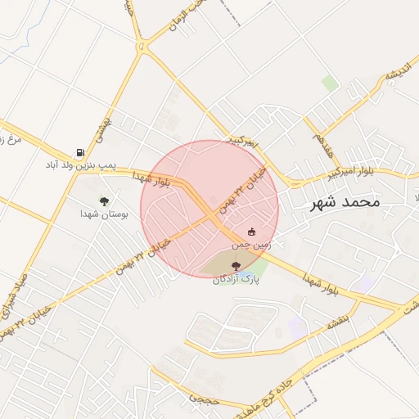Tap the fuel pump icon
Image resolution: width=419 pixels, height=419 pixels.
[x=79, y=152]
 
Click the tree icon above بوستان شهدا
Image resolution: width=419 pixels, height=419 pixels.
[x=104, y=200]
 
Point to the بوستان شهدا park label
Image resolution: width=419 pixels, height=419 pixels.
[x=101, y=214]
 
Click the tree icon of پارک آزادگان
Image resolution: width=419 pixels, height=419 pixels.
[x=237, y=266]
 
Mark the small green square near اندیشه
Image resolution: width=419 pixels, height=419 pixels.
[x=330, y=83]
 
